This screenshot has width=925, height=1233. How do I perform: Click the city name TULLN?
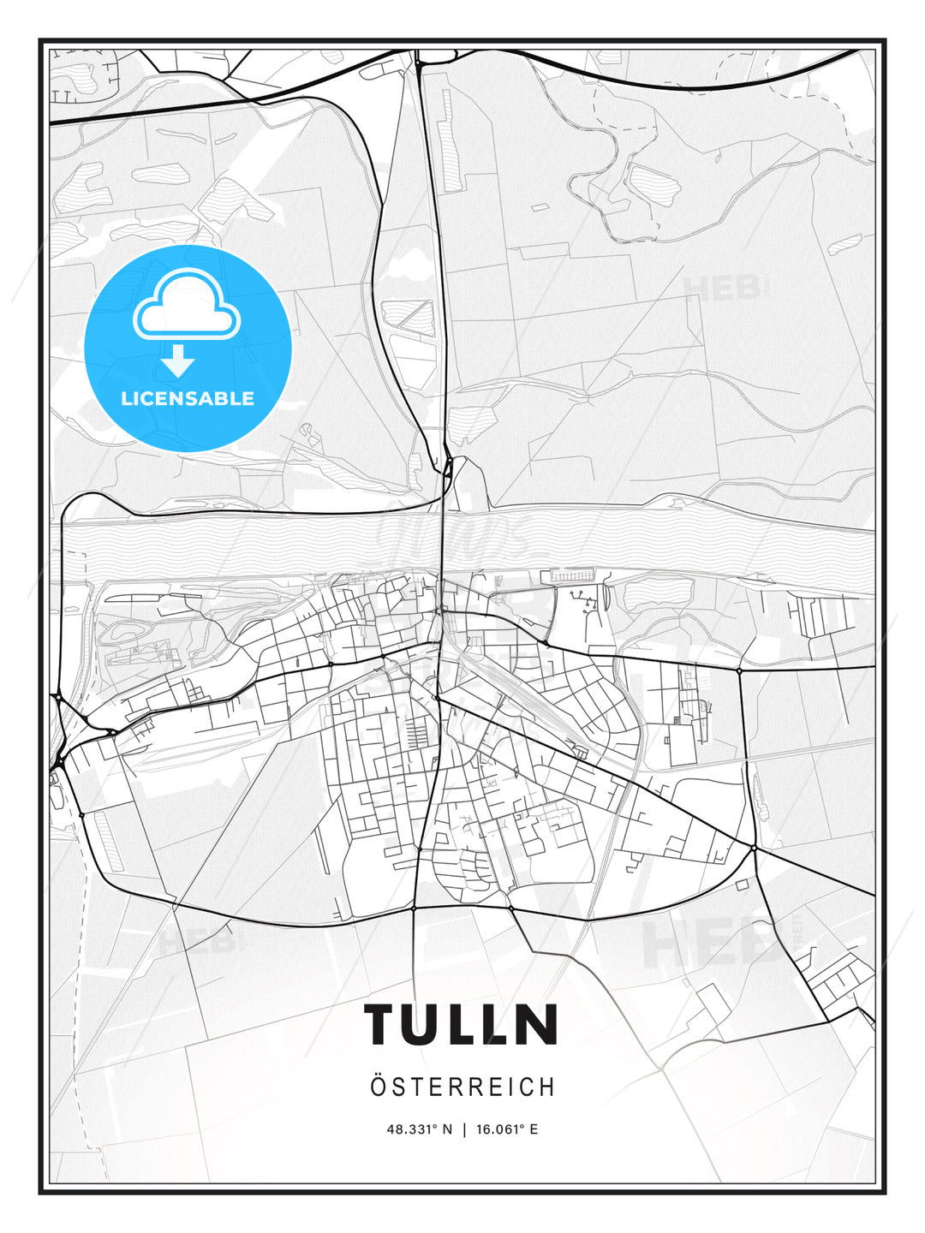coord(462,1024)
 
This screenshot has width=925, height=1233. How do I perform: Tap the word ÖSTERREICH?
coord(462,1087)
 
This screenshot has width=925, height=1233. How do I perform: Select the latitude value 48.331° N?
coord(419,1129)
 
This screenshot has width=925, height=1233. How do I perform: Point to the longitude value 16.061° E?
coord(507,1129)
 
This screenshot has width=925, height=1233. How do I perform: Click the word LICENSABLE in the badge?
coord(188,398)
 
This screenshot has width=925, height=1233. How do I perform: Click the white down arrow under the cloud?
coord(178,362)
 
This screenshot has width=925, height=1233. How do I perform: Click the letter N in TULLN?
coord(538,1024)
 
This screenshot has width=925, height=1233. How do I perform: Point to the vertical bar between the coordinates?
coord(464,1129)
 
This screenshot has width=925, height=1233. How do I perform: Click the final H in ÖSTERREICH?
coord(546,1087)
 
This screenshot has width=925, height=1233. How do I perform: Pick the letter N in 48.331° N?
coord(446,1129)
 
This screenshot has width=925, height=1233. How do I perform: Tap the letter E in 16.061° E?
coord(534,1129)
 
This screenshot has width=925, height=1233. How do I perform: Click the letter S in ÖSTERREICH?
coord(397,1087)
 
